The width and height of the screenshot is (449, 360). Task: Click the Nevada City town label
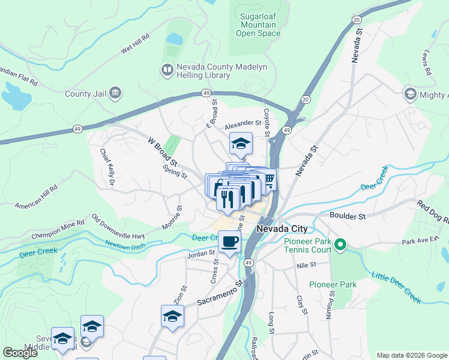click(282, 229)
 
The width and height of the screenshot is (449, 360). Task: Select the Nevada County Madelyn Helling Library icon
click(166, 71)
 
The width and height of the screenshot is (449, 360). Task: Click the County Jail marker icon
click(116, 93)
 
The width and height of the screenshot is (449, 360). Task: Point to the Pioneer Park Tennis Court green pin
click(340, 244)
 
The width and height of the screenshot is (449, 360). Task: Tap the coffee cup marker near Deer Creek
click(230, 243)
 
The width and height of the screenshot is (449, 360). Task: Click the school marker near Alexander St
click(241, 144)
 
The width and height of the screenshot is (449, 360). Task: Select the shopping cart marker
click(269, 179)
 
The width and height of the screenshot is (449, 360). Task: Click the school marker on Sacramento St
click(172, 316)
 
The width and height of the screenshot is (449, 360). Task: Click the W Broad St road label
click(163, 152)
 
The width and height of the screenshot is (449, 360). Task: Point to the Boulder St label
click(348, 215)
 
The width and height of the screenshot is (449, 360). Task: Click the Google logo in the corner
click(20, 353)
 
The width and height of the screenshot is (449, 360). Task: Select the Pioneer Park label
click(333, 284)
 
